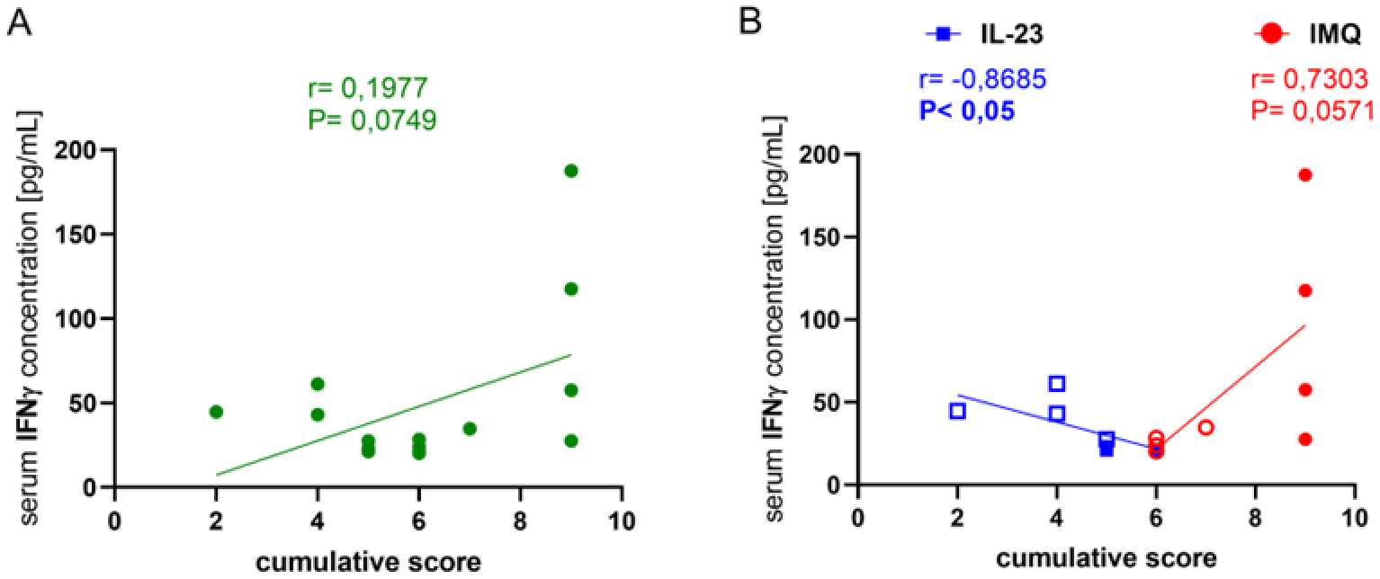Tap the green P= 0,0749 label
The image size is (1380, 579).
(x=372, y=120)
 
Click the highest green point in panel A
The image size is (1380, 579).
(x=570, y=171)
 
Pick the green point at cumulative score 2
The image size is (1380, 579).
(x=216, y=412)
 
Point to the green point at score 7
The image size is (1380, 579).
(x=469, y=428)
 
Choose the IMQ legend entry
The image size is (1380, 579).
(x=1310, y=34)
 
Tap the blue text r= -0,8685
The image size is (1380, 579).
(x=981, y=80)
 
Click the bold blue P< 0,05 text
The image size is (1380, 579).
(x=965, y=111)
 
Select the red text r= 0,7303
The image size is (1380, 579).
(x=1310, y=80)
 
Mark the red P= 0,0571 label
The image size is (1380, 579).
(x=1312, y=111)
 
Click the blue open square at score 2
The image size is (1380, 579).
(x=957, y=411)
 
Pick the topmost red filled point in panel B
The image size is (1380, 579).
(x=1304, y=174)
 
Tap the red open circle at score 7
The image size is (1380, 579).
(x=1205, y=427)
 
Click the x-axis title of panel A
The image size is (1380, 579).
(x=367, y=562)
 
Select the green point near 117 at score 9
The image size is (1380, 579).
(x=570, y=289)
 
